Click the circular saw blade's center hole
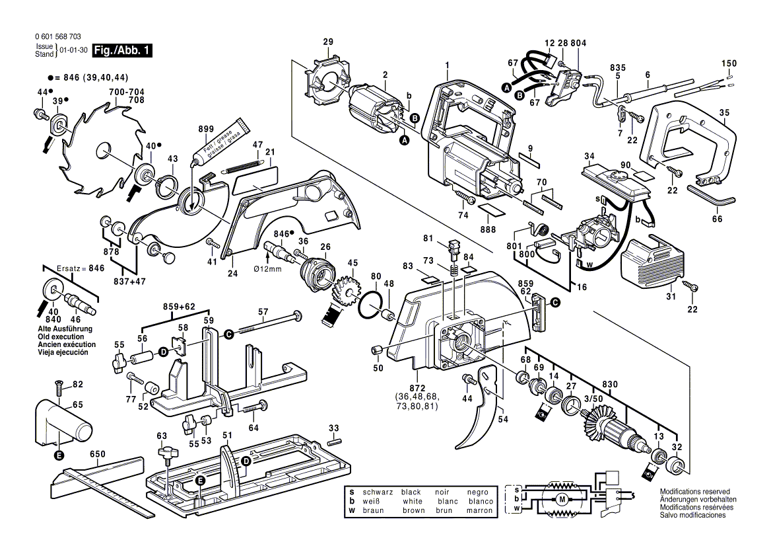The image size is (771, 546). coord(103,151)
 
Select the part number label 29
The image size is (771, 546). coord(328,43)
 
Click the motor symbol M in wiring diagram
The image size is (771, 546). coord(562,499)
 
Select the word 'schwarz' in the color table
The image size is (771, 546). coord(378,492)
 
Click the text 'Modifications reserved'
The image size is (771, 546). coord(694,492)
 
